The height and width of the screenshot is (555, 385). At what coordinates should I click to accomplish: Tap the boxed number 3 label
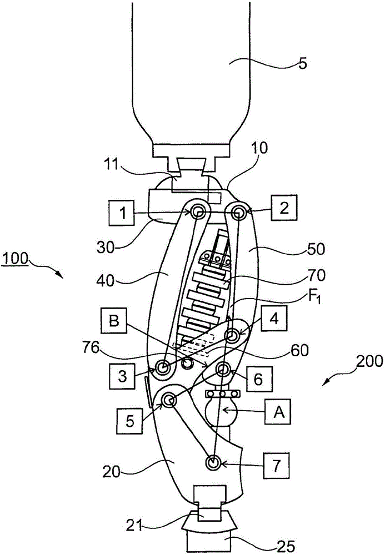(122, 376)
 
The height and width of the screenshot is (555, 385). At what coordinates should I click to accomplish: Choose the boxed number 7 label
(276, 465)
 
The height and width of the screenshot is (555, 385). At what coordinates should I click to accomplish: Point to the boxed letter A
(278, 412)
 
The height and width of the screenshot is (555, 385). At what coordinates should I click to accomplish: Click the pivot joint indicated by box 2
(238, 213)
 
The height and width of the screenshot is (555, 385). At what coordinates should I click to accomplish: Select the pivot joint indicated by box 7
(213, 463)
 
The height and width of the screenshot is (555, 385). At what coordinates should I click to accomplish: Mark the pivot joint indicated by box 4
(233, 334)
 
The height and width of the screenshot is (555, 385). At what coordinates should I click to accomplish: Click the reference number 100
(14, 258)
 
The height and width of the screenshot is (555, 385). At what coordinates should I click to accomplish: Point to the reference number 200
(370, 361)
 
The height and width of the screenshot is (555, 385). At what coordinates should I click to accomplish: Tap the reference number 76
(90, 348)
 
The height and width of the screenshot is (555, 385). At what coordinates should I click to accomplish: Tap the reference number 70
(317, 275)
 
